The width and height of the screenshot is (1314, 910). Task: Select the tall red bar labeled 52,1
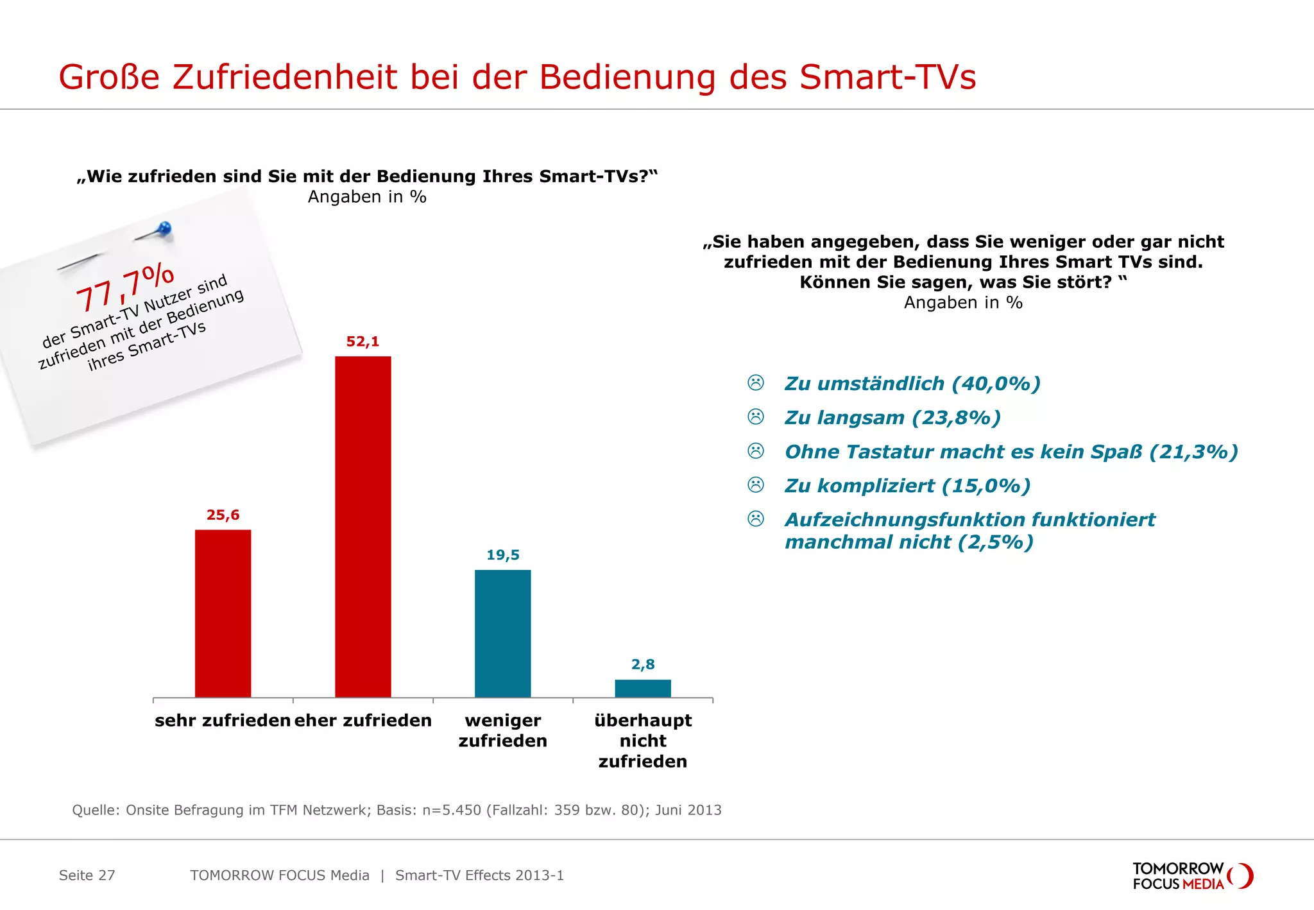pyautogui.click(x=363, y=526)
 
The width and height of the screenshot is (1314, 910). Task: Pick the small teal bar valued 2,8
pyautogui.click(x=642, y=688)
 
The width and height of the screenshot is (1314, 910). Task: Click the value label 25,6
pyautogui.click(x=223, y=515)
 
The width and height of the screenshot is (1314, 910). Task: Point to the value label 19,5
pyautogui.click(x=502, y=554)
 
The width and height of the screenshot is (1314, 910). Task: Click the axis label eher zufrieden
pyautogui.click(x=363, y=720)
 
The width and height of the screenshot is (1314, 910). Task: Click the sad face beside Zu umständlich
pyautogui.click(x=756, y=383)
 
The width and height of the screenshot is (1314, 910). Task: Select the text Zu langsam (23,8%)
pyautogui.click(x=892, y=418)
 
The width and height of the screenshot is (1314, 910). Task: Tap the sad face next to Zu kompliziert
pyautogui.click(x=756, y=485)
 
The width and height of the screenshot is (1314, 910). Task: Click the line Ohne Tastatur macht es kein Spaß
pyautogui.click(x=1011, y=452)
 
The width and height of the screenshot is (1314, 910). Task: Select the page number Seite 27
pyautogui.click(x=87, y=875)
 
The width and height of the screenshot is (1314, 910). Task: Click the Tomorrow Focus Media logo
pyautogui.click(x=1191, y=876)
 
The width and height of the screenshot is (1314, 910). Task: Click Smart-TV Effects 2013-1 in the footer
pyautogui.click(x=479, y=875)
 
